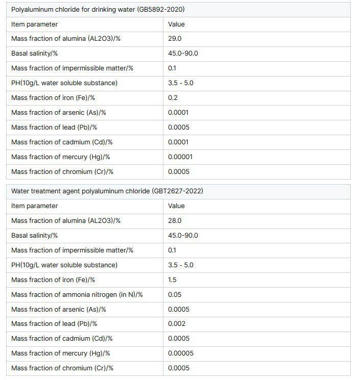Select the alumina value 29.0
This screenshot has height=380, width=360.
pyautogui.click(x=175, y=39)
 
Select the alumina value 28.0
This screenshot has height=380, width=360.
pyautogui.click(x=175, y=221)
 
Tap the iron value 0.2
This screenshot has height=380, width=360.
pyautogui.click(x=173, y=98)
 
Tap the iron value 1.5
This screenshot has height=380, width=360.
pyautogui.click(x=172, y=280)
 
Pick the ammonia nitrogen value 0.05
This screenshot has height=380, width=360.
pyautogui.click(x=175, y=294)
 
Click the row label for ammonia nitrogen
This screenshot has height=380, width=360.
pyautogui.click(x=77, y=294)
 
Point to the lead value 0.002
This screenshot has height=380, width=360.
pyautogui.click(x=177, y=324)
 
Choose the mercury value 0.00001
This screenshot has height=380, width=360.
pyautogui.click(x=180, y=157)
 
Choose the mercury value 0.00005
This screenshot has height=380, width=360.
pyautogui.click(x=180, y=353)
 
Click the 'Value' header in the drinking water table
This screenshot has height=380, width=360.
pyautogui.click(x=176, y=24)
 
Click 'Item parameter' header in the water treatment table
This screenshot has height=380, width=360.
pyautogui.click(x=34, y=206)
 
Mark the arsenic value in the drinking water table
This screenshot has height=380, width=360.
pyautogui.click(x=178, y=113)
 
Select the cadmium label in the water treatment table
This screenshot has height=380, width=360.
pyautogui.click(x=62, y=339)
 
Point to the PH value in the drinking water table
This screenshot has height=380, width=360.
pyautogui.click(x=180, y=83)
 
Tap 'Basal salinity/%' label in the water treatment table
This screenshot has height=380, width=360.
pyautogui.click(x=34, y=236)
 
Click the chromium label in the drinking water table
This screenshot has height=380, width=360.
pyautogui.click(x=62, y=172)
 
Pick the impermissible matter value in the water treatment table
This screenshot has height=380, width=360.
pyautogui.click(x=172, y=250)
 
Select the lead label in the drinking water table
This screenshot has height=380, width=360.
pyautogui.click(x=54, y=128)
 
